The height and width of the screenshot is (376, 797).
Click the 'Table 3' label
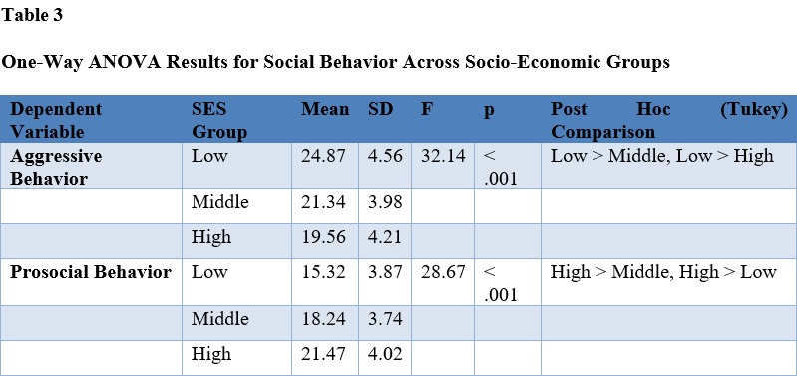pos(32,15)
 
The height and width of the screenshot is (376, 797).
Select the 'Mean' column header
pos(325,109)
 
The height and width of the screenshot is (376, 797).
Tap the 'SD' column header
pos(381,109)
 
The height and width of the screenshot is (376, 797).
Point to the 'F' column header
pos(426,109)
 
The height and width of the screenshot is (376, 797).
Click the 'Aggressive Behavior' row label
pos(56,168)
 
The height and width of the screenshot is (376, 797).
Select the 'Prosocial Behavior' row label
pos(91,272)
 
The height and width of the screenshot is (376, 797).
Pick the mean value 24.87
pos(323,156)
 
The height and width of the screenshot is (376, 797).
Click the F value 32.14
pos(443,156)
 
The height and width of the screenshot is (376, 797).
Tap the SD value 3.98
pos(385,202)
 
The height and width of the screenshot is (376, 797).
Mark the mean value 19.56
pos(323,237)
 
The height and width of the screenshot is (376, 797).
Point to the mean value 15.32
pos(323,272)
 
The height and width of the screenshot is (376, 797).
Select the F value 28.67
pos(443,272)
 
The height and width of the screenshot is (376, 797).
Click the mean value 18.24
pos(323,319)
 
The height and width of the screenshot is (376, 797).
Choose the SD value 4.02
pos(385,354)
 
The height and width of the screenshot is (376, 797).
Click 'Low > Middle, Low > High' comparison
pos(662,156)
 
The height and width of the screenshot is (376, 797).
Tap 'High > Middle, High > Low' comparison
pos(663,272)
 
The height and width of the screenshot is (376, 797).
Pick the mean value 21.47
pos(323,354)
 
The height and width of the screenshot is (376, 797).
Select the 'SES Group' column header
pos(219,121)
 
